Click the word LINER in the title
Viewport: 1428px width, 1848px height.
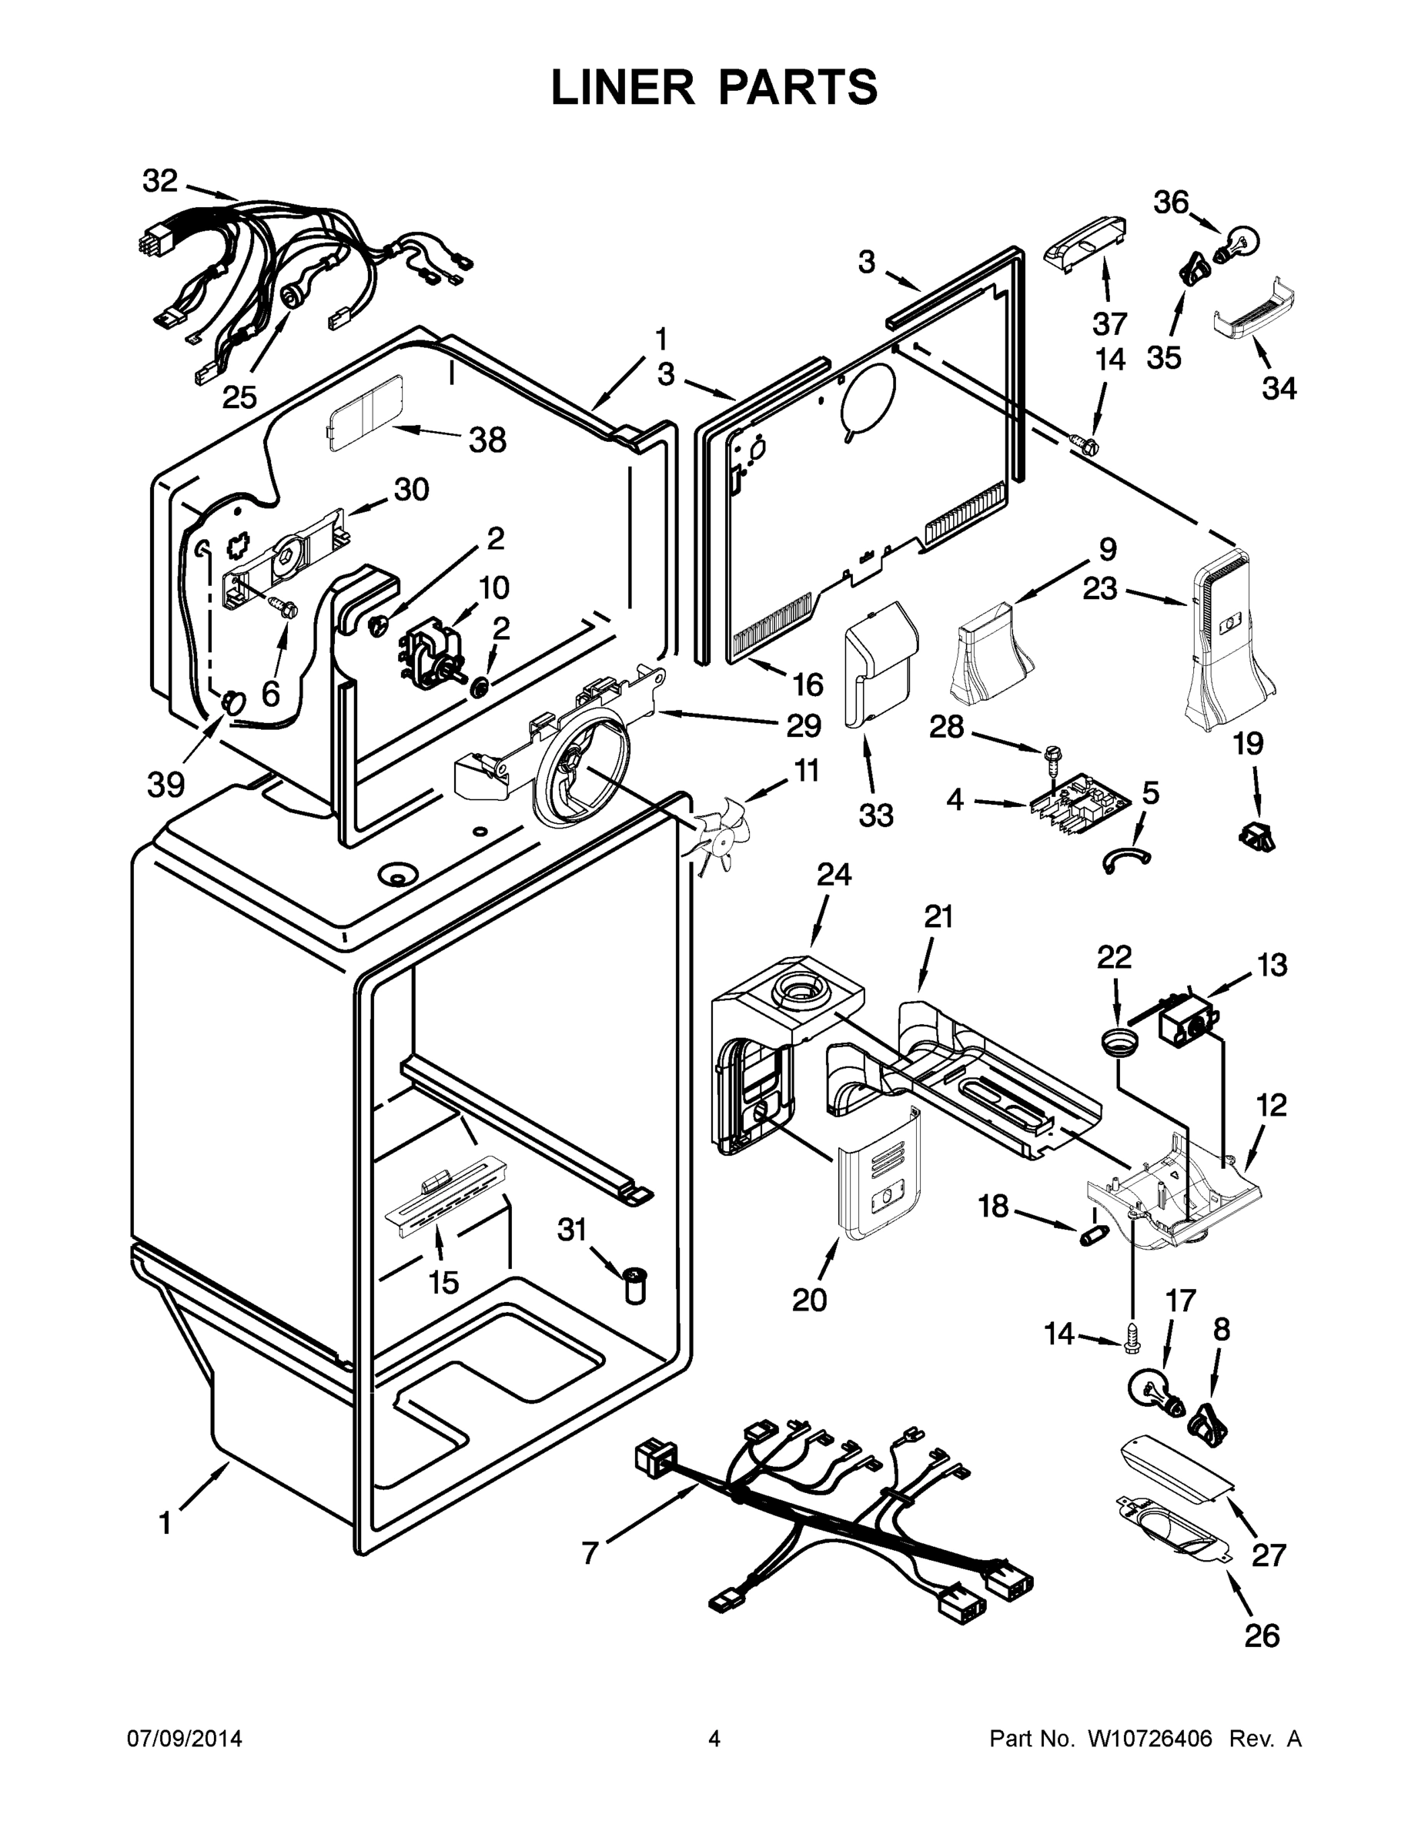(623, 87)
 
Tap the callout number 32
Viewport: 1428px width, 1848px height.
(160, 181)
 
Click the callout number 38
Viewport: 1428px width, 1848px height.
(487, 440)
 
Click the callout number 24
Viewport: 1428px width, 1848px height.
(833, 874)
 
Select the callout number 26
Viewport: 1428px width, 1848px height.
(1262, 1636)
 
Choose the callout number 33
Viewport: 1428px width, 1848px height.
(875, 815)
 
